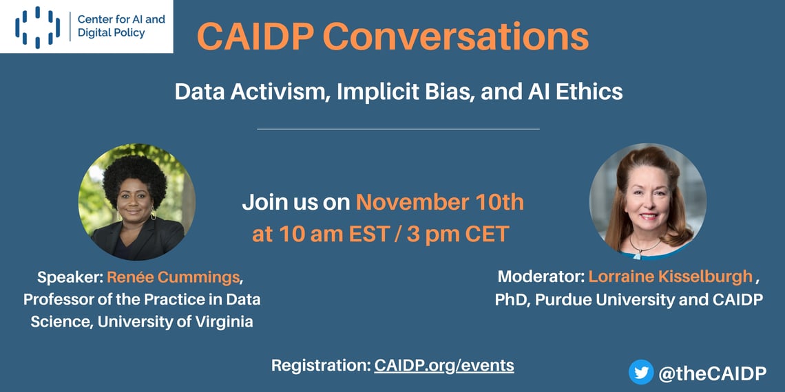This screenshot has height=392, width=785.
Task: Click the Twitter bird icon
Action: click(641, 372)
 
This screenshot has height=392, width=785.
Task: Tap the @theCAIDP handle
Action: click(712, 373)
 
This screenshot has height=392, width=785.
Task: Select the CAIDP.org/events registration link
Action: click(444, 365)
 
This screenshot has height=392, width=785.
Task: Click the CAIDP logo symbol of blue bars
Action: click(38, 28)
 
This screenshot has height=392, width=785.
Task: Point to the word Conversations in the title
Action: click(456, 36)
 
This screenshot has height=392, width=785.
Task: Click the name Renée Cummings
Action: click(174, 278)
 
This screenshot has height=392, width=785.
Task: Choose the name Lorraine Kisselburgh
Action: click(671, 276)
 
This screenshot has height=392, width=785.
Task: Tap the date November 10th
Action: click(440, 203)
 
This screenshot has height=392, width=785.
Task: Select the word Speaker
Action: click(70, 278)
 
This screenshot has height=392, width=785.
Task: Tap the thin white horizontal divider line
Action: click(399, 129)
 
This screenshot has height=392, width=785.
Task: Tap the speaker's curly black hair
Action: click(134, 175)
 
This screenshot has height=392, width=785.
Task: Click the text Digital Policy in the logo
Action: click(112, 33)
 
